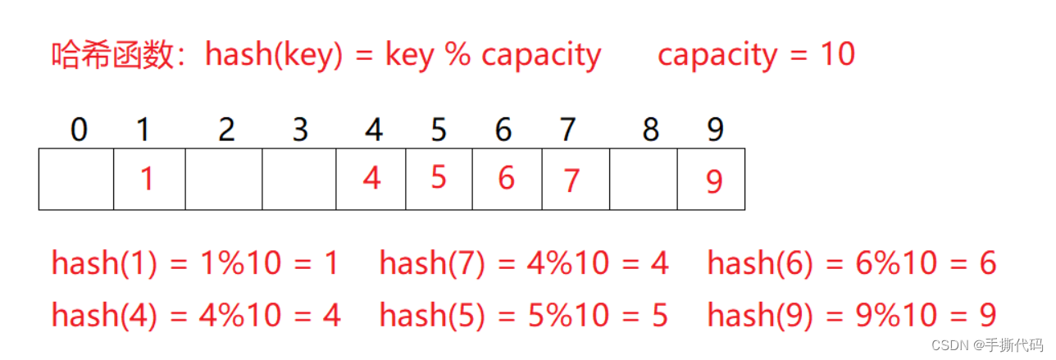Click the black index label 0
point(79,130)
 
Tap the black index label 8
point(651,130)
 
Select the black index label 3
point(299,130)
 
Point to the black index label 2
point(226,130)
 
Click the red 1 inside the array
point(147,179)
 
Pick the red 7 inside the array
point(571,180)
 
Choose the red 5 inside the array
point(439,176)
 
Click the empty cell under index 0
point(76,179)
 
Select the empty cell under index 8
point(644,179)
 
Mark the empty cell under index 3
point(299,179)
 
